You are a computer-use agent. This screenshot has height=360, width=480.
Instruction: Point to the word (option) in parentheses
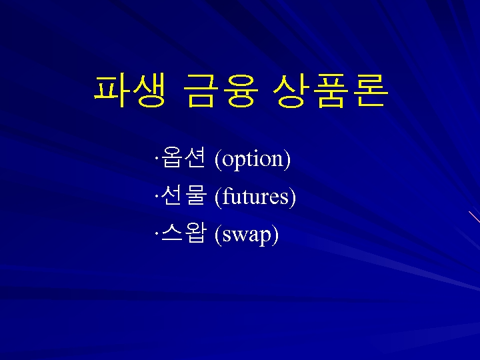click(253, 159)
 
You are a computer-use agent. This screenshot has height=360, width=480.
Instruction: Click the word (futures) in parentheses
click(255, 197)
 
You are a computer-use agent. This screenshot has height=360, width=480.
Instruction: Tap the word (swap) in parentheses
click(247, 235)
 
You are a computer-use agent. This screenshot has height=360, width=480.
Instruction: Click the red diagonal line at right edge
click(475, 216)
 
